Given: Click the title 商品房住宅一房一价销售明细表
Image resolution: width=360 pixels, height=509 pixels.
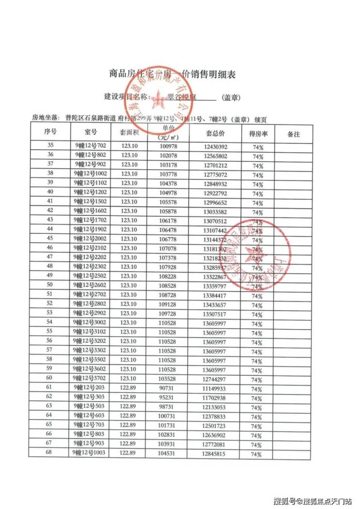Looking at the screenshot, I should tap(172, 74).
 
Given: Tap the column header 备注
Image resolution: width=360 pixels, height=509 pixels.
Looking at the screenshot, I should tap(293, 133).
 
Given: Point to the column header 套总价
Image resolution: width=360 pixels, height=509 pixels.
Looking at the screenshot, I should tap(215, 132).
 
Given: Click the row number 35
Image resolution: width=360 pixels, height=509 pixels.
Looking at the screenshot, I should tap(50, 145).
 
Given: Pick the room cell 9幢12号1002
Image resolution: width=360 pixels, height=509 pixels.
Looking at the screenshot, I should tap(90, 174).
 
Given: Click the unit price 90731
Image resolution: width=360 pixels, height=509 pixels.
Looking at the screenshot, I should tap(167, 387).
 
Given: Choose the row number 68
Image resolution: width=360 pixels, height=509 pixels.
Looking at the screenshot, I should tap(49, 453).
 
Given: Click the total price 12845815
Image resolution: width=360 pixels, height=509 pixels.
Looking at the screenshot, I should tap(215, 453).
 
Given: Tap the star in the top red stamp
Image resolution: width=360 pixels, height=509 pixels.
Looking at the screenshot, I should tap(159, 99).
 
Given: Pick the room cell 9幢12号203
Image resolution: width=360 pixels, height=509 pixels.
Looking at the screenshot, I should tap(90, 387).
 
